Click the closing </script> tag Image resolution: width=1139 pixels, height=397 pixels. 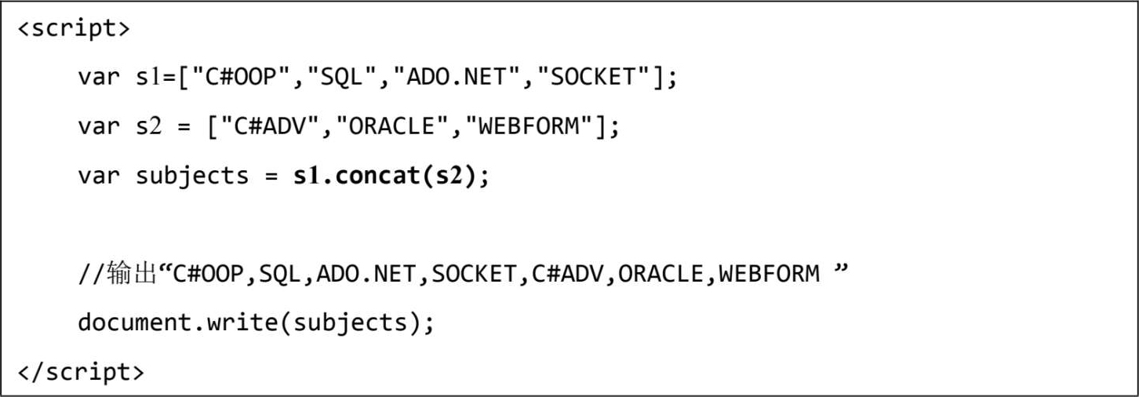(80, 370)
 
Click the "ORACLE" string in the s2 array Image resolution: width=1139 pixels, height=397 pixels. (385, 126)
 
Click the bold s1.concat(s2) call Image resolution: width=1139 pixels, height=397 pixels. (384, 175)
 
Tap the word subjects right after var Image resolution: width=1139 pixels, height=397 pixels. (192, 175)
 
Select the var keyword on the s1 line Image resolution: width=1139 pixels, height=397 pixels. (99, 78)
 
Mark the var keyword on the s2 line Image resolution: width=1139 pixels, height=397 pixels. (99, 126)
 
